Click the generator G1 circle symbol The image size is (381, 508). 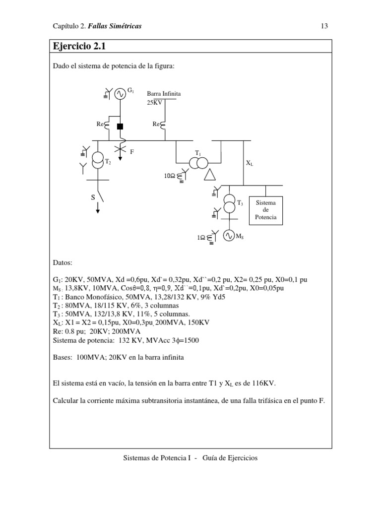(x=120, y=93)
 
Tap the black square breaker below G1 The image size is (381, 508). (x=120, y=126)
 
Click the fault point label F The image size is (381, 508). (x=132, y=151)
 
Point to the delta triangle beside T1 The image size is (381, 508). (x=211, y=174)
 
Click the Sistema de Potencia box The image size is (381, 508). (x=266, y=210)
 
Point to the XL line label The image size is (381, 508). (x=249, y=163)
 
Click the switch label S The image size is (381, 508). (x=93, y=198)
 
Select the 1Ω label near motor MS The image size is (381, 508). (x=201, y=238)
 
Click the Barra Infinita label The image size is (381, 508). (x=164, y=93)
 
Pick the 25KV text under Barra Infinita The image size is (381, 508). (x=154, y=103)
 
